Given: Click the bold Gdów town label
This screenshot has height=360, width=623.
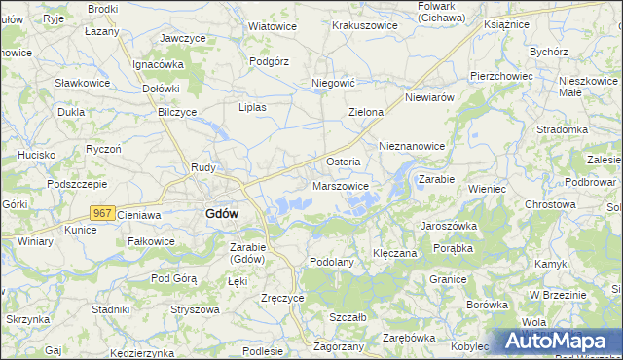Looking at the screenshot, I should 224,214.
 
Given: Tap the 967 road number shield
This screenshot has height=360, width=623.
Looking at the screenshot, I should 103,212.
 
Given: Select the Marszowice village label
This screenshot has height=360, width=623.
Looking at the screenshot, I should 341,185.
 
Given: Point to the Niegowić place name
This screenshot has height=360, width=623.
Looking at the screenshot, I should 331,84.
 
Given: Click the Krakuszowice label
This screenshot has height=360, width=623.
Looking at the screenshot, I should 364,25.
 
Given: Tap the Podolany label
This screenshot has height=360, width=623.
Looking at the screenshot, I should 330,262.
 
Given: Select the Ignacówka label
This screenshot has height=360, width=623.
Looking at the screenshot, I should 159,64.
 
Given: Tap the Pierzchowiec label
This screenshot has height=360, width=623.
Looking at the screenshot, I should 500,75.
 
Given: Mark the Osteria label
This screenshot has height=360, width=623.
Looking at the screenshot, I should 343,162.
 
